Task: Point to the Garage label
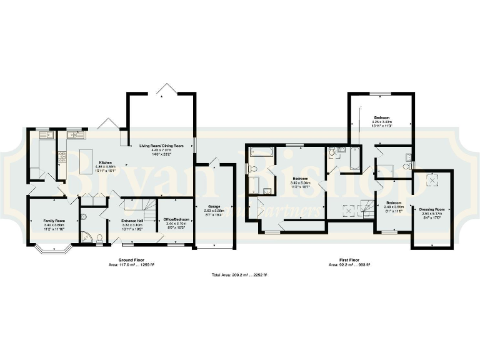[214, 206]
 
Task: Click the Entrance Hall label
[132, 221]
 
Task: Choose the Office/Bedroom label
[176, 220]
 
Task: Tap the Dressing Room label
[432, 209]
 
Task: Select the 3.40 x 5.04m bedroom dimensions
[301, 183]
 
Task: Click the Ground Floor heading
[131, 260]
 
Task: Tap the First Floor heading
[349, 260]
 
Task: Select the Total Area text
[239, 275]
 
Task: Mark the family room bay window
[52, 249]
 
